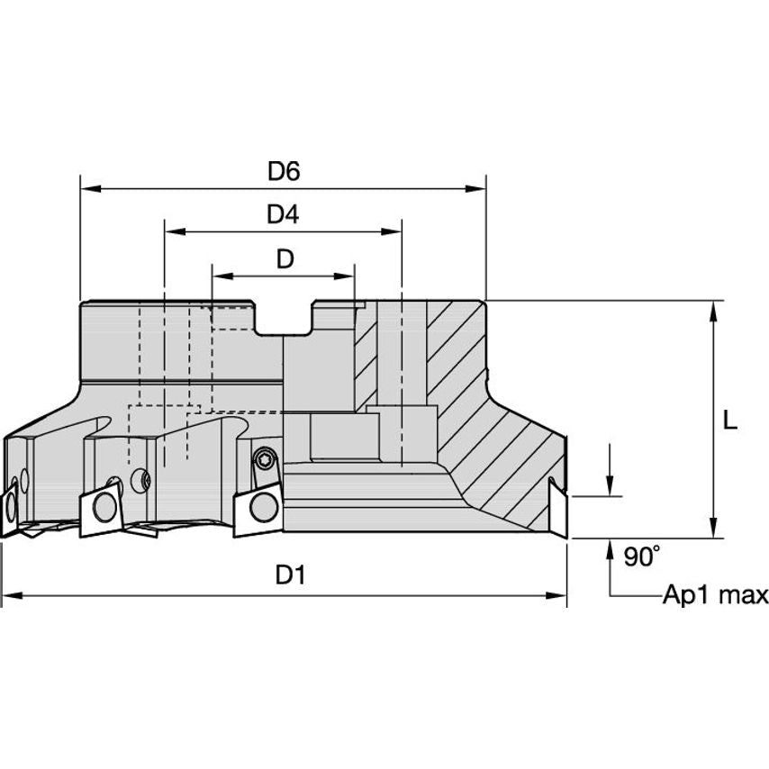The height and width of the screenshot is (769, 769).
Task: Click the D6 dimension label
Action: (283, 171)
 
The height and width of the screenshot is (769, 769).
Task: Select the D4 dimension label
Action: (283, 214)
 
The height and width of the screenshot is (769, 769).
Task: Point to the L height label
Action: (730, 421)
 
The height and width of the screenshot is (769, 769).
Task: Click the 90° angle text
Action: (640, 557)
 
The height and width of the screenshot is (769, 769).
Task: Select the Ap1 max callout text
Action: (716, 595)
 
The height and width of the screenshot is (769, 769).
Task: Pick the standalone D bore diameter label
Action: (285, 259)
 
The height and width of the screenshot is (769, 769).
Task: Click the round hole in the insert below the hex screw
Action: (264, 506)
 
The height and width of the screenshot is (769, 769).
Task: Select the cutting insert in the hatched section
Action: (558, 509)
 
